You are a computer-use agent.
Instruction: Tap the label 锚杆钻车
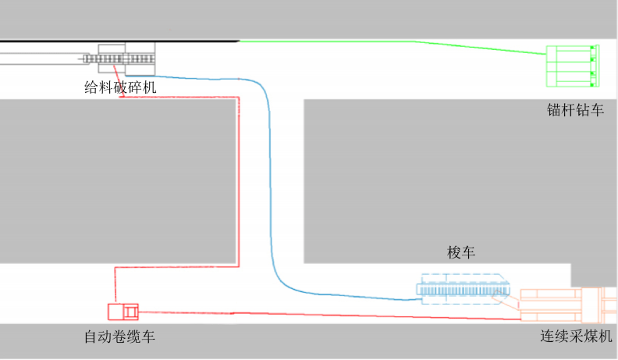[x=575, y=111]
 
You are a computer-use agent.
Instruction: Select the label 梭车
[x=461, y=252]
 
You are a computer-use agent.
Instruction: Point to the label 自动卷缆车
[x=125, y=337]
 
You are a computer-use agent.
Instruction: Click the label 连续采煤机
[x=576, y=337]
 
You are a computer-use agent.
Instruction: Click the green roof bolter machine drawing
[x=572, y=66]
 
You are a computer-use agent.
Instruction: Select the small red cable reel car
[x=123, y=312]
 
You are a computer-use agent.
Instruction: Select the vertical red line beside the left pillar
[x=237, y=180]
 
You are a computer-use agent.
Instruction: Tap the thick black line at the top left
[x=117, y=39]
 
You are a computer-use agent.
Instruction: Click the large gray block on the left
[x=117, y=180]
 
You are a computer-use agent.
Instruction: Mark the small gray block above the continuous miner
[x=594, y=274]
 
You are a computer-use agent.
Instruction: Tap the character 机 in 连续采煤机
[x=607, y=337]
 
